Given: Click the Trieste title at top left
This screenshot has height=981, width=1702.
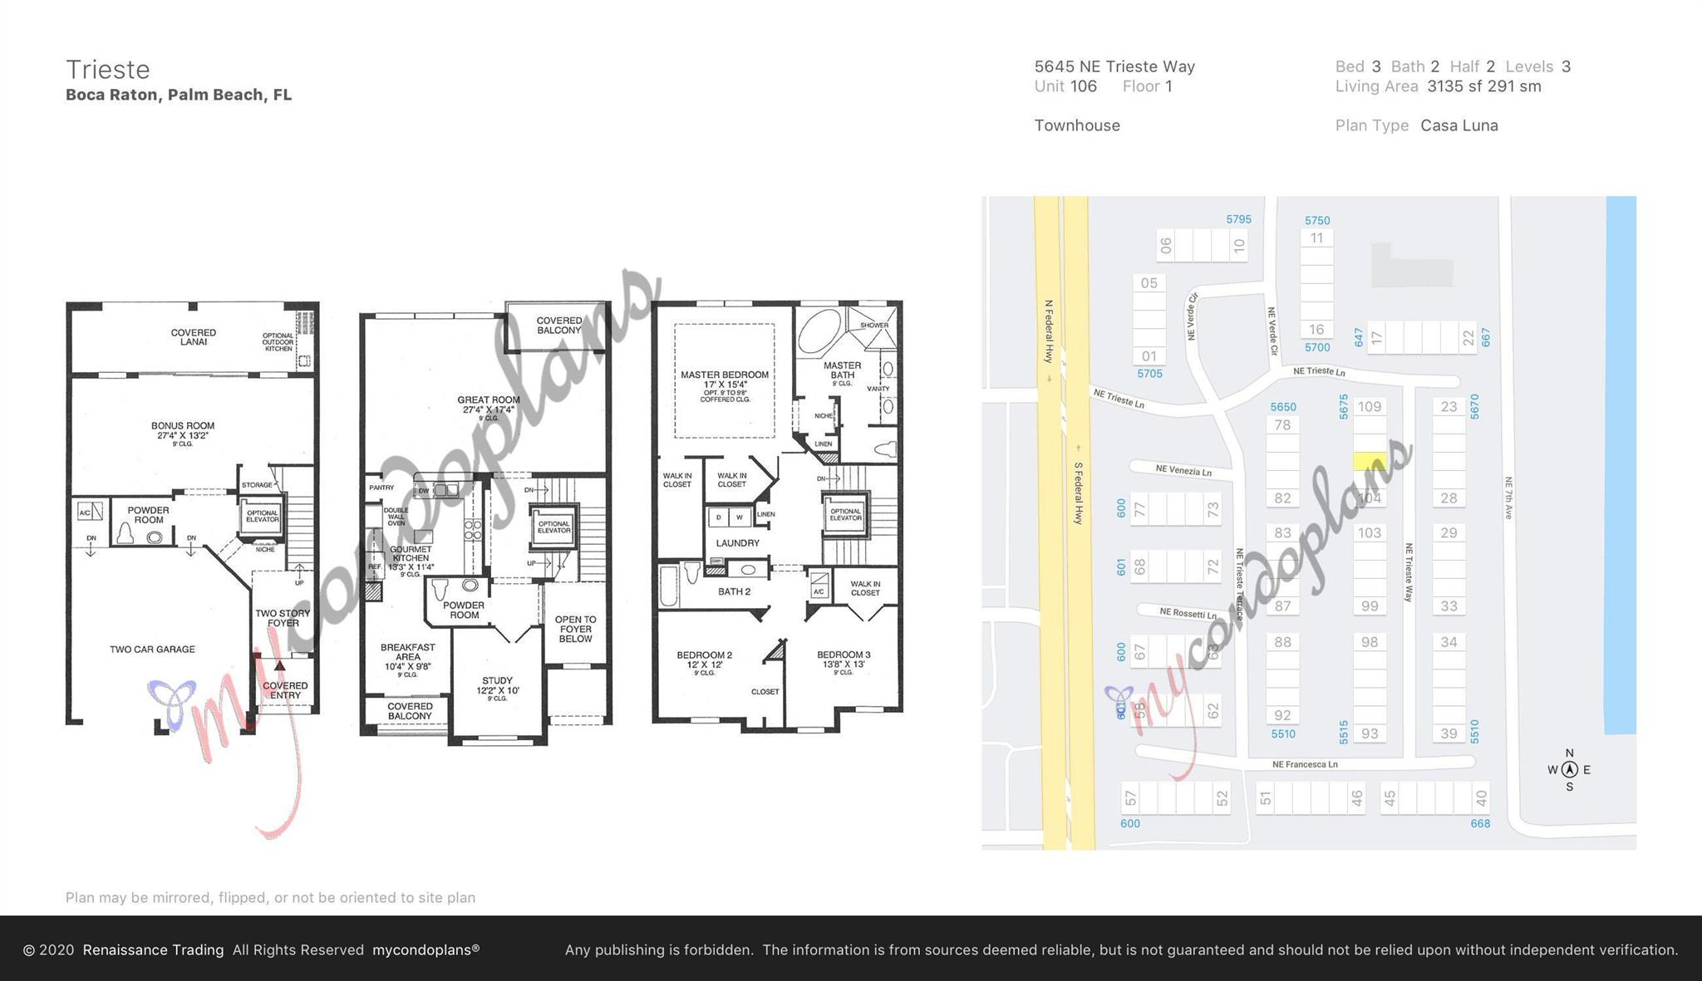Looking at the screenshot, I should pyautogui.click(x=108, y=69).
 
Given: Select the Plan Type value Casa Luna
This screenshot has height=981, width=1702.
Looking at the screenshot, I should pyautogui.click(x=1459, y=125).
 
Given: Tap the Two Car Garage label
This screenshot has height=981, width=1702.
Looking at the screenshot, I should pyautogui.click(x=152, y=650).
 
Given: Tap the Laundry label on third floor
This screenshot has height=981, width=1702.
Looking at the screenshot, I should pyautogui.click(x=738, y=543).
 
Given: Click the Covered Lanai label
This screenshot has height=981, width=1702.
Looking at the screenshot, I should pyautogui.click(x=194, y=337).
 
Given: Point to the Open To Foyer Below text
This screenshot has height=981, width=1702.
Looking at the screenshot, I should pyautogui.click(x=575, y=629).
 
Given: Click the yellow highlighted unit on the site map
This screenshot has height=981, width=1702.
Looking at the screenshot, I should pyautogui.click(x=1370, y=461).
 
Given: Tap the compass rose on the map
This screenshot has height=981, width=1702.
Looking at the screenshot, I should pyautogui.click(x=1569, y=770).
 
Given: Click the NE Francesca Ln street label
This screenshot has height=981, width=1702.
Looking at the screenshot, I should pyautogui.click(x=1305, y=764).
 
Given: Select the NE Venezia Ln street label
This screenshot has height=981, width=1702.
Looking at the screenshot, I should pyautogui.click(x=1183, y=471).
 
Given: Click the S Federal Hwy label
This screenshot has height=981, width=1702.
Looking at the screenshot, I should pyautogui.click(x=1079, y=493).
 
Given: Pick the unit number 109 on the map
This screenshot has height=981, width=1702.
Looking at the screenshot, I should pyautogui.click(x=1370, y=407).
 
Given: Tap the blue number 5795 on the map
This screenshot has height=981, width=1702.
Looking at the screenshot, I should pyautogui.click(x=1238, y=220).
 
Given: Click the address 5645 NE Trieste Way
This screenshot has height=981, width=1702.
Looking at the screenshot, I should pyautogui.click(x=1114, y=66).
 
